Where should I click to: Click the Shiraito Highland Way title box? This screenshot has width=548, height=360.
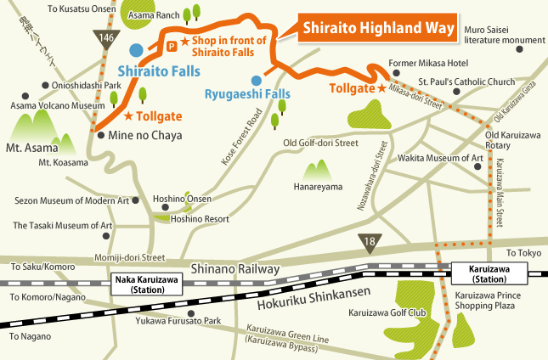coord(377,30)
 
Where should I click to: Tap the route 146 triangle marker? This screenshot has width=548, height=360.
coord(105,37)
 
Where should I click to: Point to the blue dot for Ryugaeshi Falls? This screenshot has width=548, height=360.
coord(244,82)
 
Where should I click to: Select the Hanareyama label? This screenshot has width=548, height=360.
coord(318,186)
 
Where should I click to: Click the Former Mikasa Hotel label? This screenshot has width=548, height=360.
coord(428,64)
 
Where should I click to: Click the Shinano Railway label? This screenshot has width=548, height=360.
coord(235,268)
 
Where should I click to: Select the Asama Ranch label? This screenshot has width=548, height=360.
coord(153,15)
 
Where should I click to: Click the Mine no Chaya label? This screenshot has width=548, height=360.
coord(138,135)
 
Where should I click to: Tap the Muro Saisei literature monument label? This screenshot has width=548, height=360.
coord(500,35)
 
